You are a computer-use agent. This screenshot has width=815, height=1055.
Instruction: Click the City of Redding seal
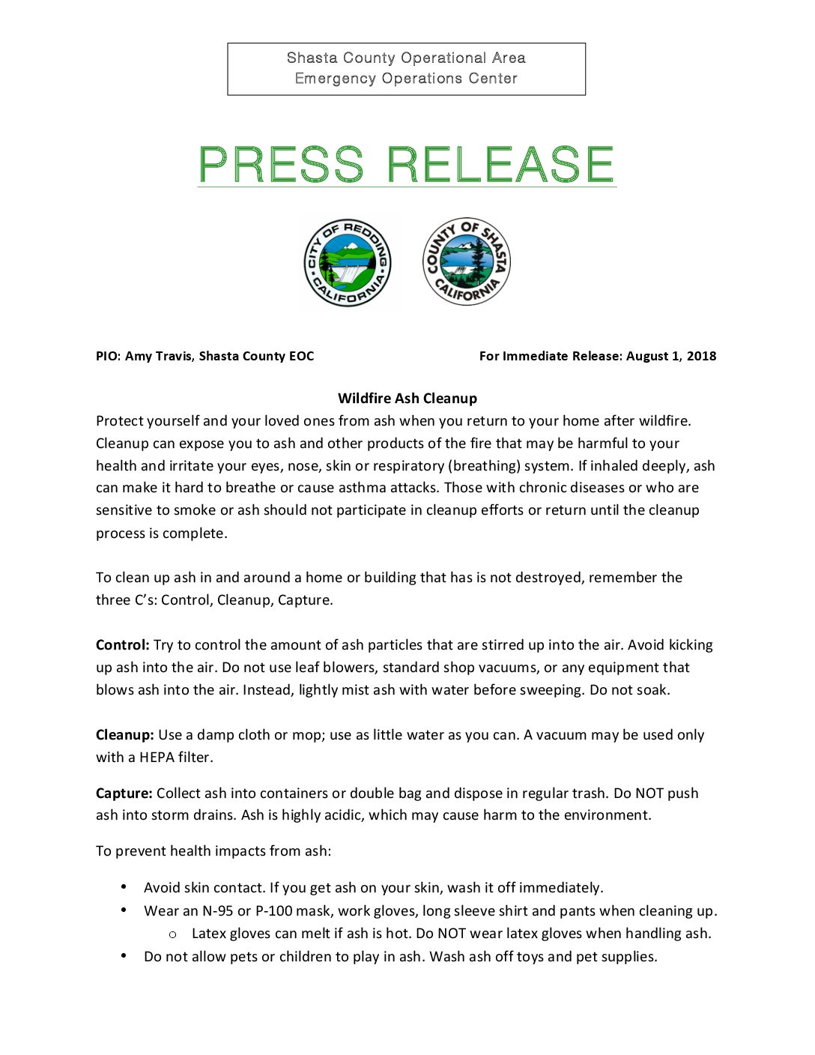click(x=348, y=264)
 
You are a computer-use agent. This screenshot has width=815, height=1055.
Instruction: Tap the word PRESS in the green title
click(x=281, y=165)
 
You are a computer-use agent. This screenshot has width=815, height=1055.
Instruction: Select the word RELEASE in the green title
click(x=500, y=165)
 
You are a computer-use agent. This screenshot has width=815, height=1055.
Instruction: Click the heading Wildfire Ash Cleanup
click(x=407, y=399)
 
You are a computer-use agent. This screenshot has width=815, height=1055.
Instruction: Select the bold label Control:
click(x=123, y=645)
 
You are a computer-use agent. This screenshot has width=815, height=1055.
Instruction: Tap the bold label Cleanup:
click(x=125, y=735)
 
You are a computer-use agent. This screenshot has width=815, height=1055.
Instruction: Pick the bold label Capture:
click(x=124, y=793)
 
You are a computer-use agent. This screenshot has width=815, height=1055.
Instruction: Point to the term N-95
click(x=217, y=911)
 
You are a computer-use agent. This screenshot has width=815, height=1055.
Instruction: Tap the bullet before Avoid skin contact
click(x=124, y=887)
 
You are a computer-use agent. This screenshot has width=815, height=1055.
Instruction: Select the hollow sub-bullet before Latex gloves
click(x=173, y=934)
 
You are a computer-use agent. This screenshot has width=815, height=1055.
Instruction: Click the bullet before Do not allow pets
click(x=124, y=955)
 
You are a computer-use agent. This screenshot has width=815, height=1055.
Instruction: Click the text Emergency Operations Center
click(x=406, y=79)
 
